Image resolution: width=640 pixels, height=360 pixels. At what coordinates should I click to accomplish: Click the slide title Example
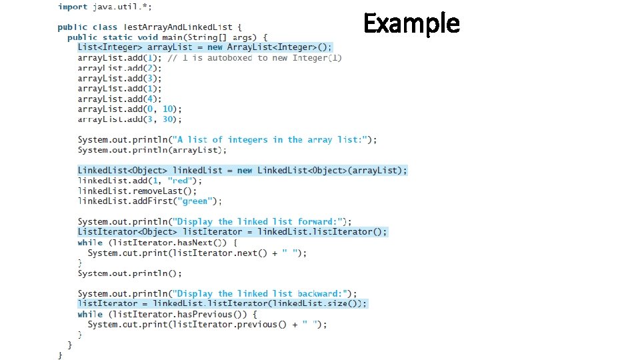coord(411,24)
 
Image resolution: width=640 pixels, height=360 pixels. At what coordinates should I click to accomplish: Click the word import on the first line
coord(72,7)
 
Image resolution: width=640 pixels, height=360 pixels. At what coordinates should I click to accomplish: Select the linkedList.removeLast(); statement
coord(137,191)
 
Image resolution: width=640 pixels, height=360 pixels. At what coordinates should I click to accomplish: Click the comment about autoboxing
coord(255,58)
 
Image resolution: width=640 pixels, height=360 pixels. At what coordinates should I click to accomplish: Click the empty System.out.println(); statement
coord(129,273)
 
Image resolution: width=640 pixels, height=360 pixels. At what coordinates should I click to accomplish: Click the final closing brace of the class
coord(61,355)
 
